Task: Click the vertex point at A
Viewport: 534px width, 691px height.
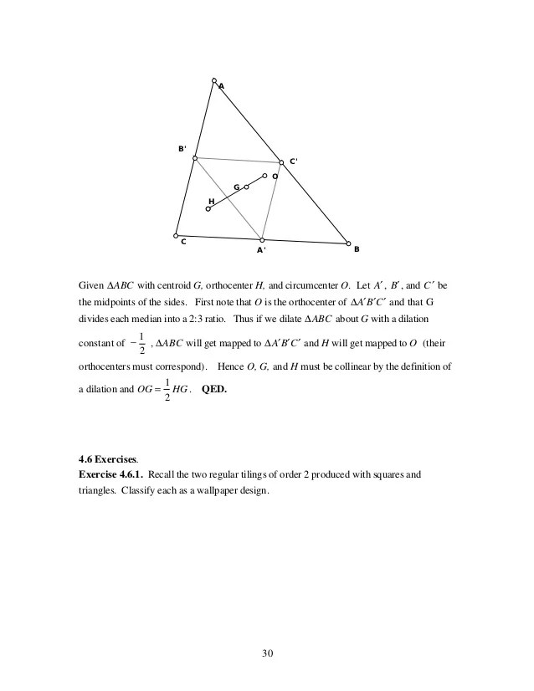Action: [x=214, y=80]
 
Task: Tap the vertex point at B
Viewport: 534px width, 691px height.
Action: [x=349, y=243]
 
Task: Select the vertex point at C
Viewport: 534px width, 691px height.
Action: [x=176, y=235]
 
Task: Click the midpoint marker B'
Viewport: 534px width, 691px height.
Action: [x=195, y=158]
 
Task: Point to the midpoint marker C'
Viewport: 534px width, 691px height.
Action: [x=281, y=162]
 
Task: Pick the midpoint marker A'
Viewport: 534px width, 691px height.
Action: [x=262, y=239]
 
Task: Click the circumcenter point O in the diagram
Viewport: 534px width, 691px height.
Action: [x=264, y=176]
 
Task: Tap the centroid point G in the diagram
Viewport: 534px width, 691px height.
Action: [x=246, y=187]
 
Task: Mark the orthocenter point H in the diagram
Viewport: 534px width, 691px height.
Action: [x=208, y=208]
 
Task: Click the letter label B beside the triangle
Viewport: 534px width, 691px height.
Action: [x=356, y=249]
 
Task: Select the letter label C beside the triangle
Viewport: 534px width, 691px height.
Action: [x=182, y=243]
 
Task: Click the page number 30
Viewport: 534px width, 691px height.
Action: [x=267, y=652]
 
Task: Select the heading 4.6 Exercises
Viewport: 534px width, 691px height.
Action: [x=105, y=458]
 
